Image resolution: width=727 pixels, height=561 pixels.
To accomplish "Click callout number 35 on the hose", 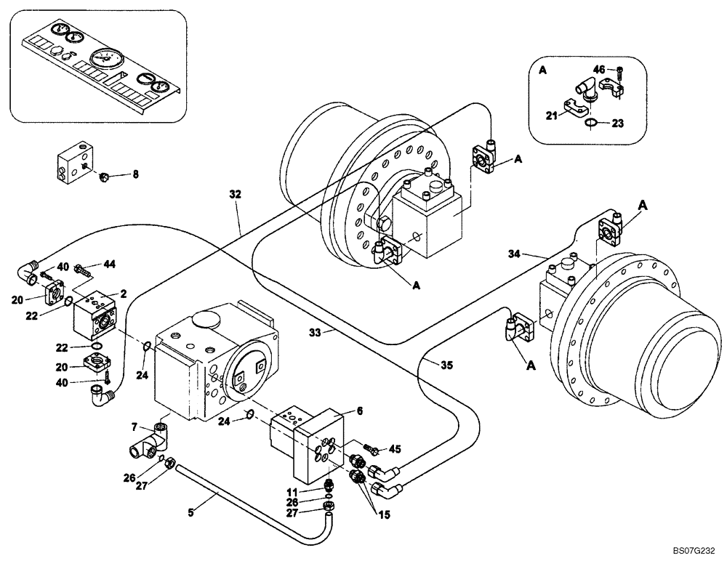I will point(446,366).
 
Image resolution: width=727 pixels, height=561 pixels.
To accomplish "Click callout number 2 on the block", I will point(124,294).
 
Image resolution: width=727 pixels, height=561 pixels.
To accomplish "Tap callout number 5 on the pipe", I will point(191,512).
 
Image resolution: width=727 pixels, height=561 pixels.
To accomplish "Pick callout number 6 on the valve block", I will point(359,411).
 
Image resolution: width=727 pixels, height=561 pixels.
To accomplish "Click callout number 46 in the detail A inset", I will point(599,69).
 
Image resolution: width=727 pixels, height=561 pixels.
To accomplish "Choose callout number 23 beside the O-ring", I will point(618,124).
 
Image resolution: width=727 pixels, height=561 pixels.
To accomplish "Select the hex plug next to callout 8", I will point(105,175).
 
